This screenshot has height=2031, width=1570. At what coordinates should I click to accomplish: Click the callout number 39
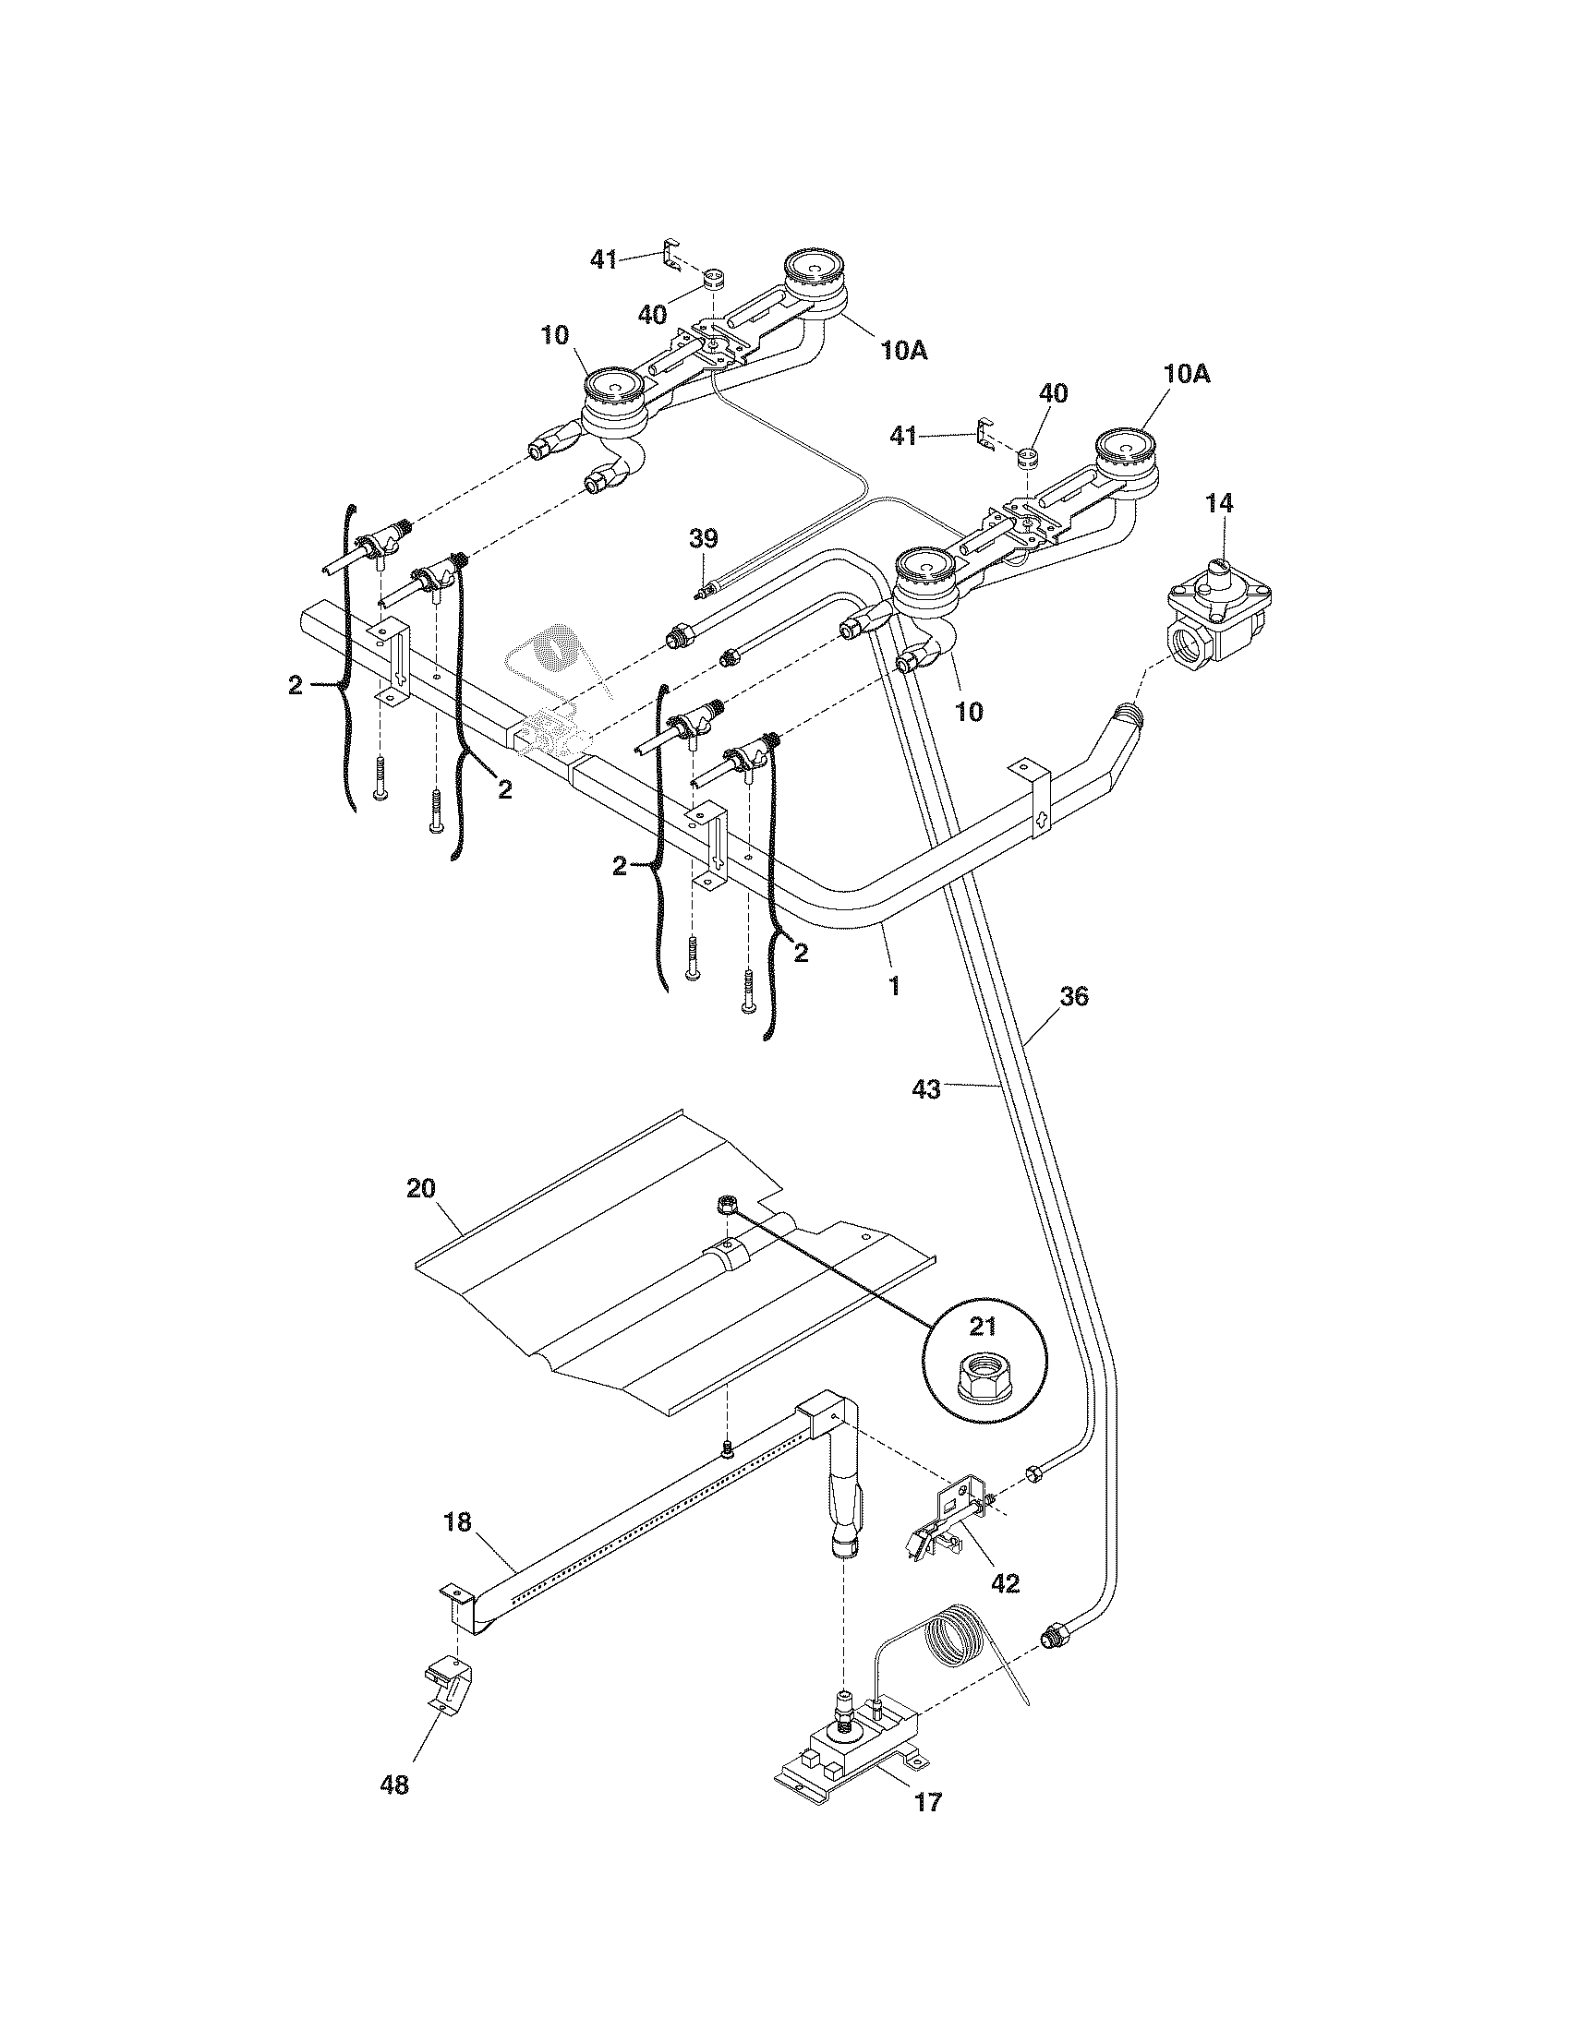pos(704,537)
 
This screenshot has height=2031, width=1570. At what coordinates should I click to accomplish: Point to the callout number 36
pos(1072,996)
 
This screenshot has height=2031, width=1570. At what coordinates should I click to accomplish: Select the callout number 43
pos(927,1088)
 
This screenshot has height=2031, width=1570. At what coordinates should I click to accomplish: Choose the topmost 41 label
pos(604,259)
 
